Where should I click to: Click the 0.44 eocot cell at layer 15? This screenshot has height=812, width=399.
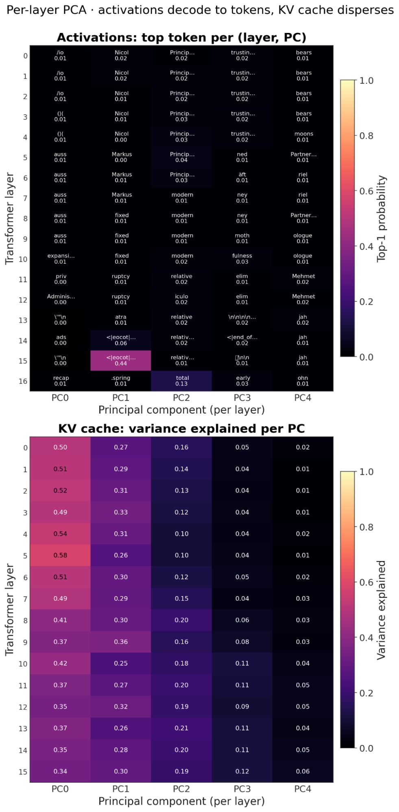coord(121,361)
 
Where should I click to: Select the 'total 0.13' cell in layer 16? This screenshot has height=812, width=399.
coord(181,381)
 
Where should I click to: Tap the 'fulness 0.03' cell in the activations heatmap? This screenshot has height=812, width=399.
coord(242,259)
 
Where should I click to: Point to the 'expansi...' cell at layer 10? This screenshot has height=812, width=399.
coord(60,259)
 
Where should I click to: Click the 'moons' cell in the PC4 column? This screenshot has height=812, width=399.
coord(303,137)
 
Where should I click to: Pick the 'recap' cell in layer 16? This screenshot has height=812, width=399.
coord(60,381)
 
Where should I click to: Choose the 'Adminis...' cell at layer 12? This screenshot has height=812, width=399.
coord(60,299)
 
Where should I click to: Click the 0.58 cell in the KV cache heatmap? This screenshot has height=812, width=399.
coord(60,555)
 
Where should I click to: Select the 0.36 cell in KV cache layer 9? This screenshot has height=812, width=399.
coord(121,642)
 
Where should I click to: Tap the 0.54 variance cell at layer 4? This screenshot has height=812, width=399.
coord(60,534)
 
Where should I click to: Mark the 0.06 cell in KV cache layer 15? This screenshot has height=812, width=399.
coord(303,771)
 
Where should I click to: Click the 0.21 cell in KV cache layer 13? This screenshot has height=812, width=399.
coord(181,728)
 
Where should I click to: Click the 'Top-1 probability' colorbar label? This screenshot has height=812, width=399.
coord(381,219)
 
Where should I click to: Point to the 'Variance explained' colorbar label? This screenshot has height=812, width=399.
coord(381,610)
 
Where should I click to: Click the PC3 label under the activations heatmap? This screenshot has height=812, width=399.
coord(242,398)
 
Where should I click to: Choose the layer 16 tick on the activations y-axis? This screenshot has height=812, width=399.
coord(23,381)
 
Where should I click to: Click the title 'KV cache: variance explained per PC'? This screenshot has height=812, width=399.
coord(181,429)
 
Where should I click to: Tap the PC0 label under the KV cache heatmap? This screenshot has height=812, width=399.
coord(60,789)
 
